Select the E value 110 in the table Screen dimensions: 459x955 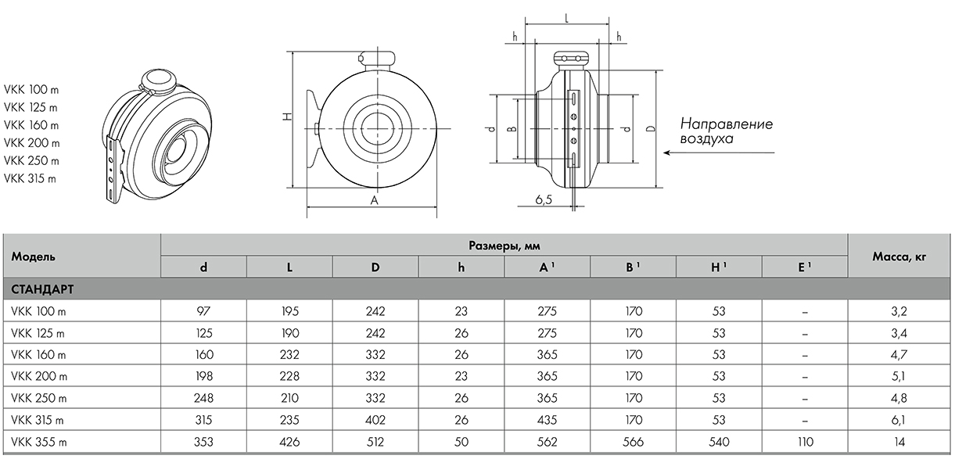(x=805, y=442)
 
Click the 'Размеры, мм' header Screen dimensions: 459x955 (x=504, y=246)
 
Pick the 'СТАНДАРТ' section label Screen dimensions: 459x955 (x=42, y=289)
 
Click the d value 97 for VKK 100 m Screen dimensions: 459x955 (x=203, y=311)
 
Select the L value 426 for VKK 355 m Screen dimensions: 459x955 (x=289, y=442)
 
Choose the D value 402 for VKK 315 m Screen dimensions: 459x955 (x=375, y=420)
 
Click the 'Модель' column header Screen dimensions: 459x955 (x=33, y=256)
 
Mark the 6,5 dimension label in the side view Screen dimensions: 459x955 (x=544, y=200)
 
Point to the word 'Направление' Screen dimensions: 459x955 (x=726, y=124)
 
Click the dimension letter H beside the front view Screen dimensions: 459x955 (x=287, y=117)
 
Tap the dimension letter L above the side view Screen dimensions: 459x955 (x=565, y=16)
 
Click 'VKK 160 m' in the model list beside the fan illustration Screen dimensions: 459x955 (x=32, y=125)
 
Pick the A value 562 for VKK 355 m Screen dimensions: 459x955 (x=548, y=442)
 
